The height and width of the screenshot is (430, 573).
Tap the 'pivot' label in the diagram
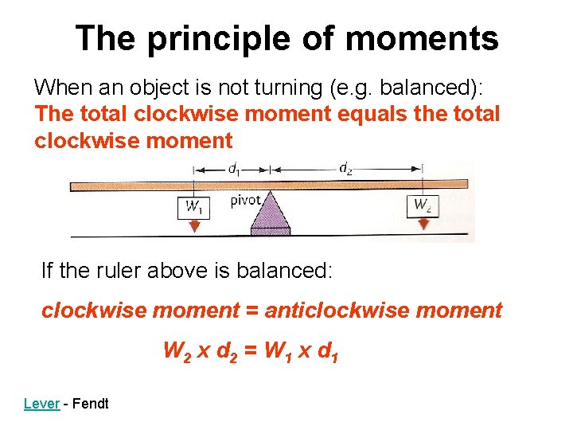pos(245,200)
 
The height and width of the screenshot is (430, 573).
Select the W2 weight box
pos(423,205)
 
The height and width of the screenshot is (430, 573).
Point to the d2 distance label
pos(346,168)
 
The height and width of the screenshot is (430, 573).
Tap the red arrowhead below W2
pos(423,225)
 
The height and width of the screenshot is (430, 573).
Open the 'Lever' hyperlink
pos(41,404)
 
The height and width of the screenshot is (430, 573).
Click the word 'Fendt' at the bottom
pos(91,404)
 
